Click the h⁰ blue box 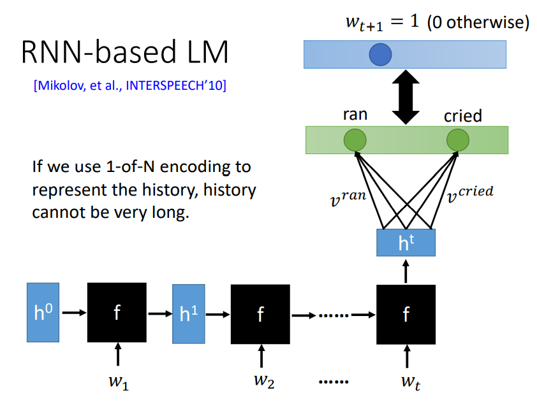click(43, 312)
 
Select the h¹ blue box click(189, 313)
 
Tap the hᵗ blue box click(406, 243)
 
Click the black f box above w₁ click(117, 312)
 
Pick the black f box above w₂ click(260, 314)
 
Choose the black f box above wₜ click(406, 314)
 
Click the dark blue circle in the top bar click(380, 54)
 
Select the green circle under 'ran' click(355, 140)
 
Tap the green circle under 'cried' click(458, 140)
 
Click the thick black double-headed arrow click(406, 97)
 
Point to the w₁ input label click(119, 382)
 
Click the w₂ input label click(264, 381)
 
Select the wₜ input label click(411, 382)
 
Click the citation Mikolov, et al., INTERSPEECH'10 click(130, 85)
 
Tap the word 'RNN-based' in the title click(99, 52)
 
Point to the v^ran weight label click(348, 198)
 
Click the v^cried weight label click(470, 194)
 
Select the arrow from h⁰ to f click(75, 312)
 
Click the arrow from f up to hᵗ click(406, 271)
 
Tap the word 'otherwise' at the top click(488, 22)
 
